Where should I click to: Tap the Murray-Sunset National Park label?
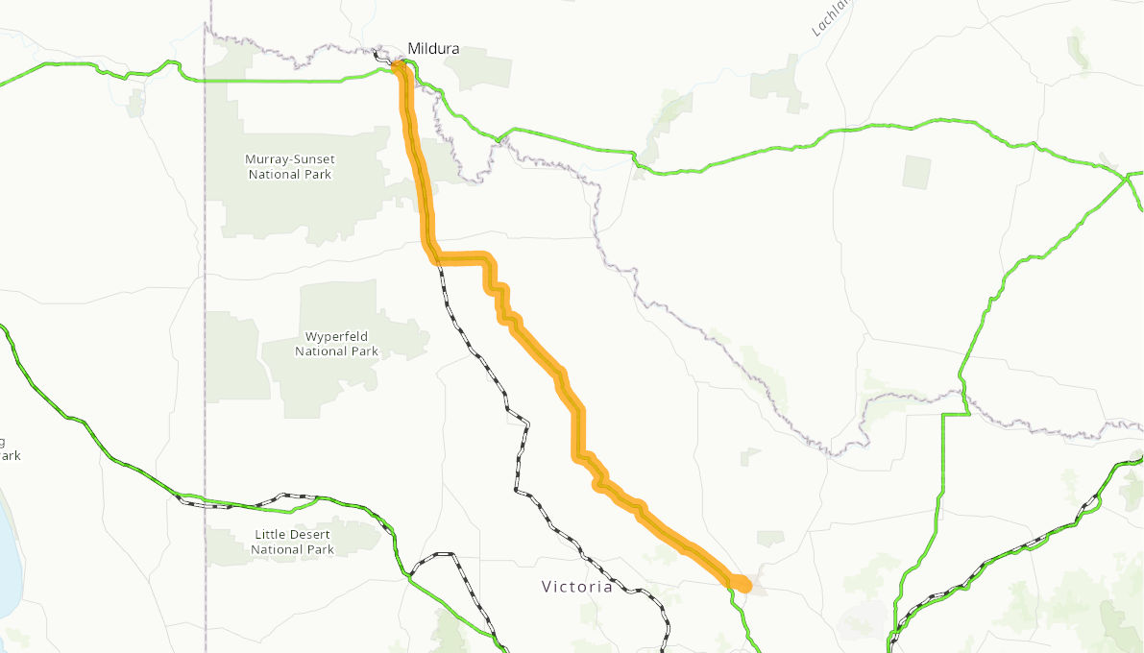289,166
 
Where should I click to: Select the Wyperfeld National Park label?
336,344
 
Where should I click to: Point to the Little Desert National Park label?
293,542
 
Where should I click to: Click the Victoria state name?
576,586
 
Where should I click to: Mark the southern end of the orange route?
742,583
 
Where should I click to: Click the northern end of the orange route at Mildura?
398,66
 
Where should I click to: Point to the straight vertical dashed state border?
205,288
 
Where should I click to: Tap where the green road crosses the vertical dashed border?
205,81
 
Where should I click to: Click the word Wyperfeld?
336,336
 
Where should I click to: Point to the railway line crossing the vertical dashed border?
205,503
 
